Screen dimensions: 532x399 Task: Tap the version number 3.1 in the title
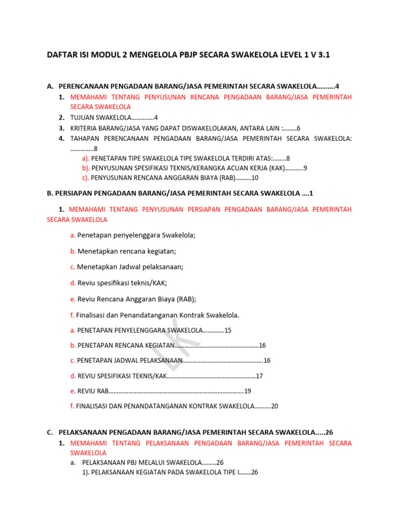coord(324,55)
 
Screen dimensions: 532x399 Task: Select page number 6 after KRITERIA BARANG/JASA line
coord(299,128)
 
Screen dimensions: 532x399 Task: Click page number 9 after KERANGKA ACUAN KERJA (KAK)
coord(305,168)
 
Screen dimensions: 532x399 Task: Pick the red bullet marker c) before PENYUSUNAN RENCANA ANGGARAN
coord(86,178)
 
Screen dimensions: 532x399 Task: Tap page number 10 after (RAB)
coord(255,178)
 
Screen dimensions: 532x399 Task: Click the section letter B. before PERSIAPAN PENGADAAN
coord(50,193)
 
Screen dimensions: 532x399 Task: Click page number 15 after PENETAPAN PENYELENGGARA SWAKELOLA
coord(228,330)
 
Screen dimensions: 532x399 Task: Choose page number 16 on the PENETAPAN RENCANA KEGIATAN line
coord(262,345)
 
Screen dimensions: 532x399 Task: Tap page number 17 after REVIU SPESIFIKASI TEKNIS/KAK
coord(260,376)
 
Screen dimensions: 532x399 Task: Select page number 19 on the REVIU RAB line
coord(248,391)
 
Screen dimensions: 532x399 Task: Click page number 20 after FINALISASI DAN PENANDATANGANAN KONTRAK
coord(275,406)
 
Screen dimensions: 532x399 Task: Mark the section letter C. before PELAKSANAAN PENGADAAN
coord(50,432)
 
